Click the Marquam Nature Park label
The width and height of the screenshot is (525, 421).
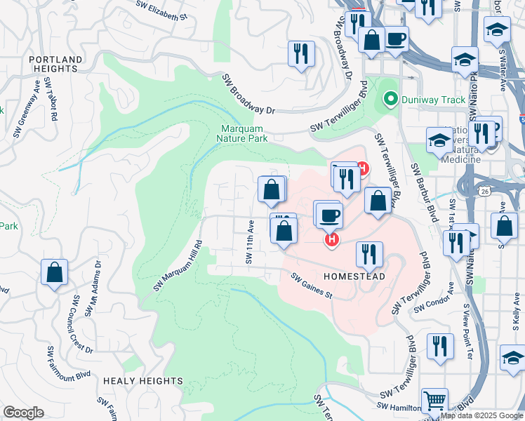coord(244,133)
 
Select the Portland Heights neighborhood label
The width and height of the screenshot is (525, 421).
coord(54,64)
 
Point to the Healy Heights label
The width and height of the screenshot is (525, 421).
coord(142,380)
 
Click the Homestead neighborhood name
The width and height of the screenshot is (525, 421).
coord(354,277)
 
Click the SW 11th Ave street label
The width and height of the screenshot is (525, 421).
coord(248,241)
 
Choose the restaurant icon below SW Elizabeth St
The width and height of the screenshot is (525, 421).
coord(301,54)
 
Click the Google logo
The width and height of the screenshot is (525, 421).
coord(23,413)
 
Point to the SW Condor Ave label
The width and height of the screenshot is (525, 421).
coord(430,307)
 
